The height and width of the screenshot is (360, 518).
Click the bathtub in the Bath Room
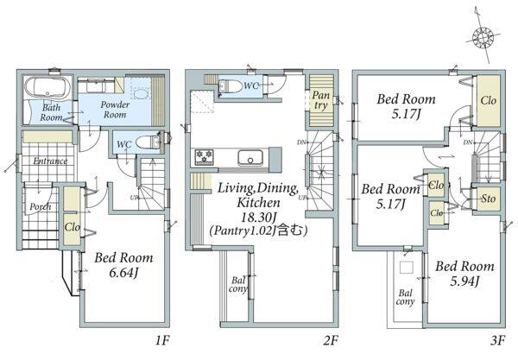47,89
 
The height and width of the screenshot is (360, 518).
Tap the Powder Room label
115,110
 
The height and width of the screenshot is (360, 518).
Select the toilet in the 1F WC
148,142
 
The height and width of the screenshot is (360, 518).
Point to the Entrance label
50,161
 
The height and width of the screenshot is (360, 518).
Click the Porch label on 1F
41,206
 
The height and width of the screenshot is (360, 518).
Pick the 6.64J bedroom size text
123,273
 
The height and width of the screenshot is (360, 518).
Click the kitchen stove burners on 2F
204,157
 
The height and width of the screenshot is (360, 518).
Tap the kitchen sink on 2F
250,158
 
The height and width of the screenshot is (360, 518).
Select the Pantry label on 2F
321,100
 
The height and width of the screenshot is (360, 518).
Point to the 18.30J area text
259,217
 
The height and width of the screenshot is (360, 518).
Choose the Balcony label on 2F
238,285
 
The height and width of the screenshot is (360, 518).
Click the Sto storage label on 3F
489,199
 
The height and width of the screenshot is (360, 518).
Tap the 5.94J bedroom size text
464,281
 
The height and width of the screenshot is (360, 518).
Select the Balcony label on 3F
405,297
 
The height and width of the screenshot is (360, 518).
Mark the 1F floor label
162,340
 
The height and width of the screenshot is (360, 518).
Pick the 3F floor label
497,340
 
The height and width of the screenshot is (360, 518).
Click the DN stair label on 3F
467,142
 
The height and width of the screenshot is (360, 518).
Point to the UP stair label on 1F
134,198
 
